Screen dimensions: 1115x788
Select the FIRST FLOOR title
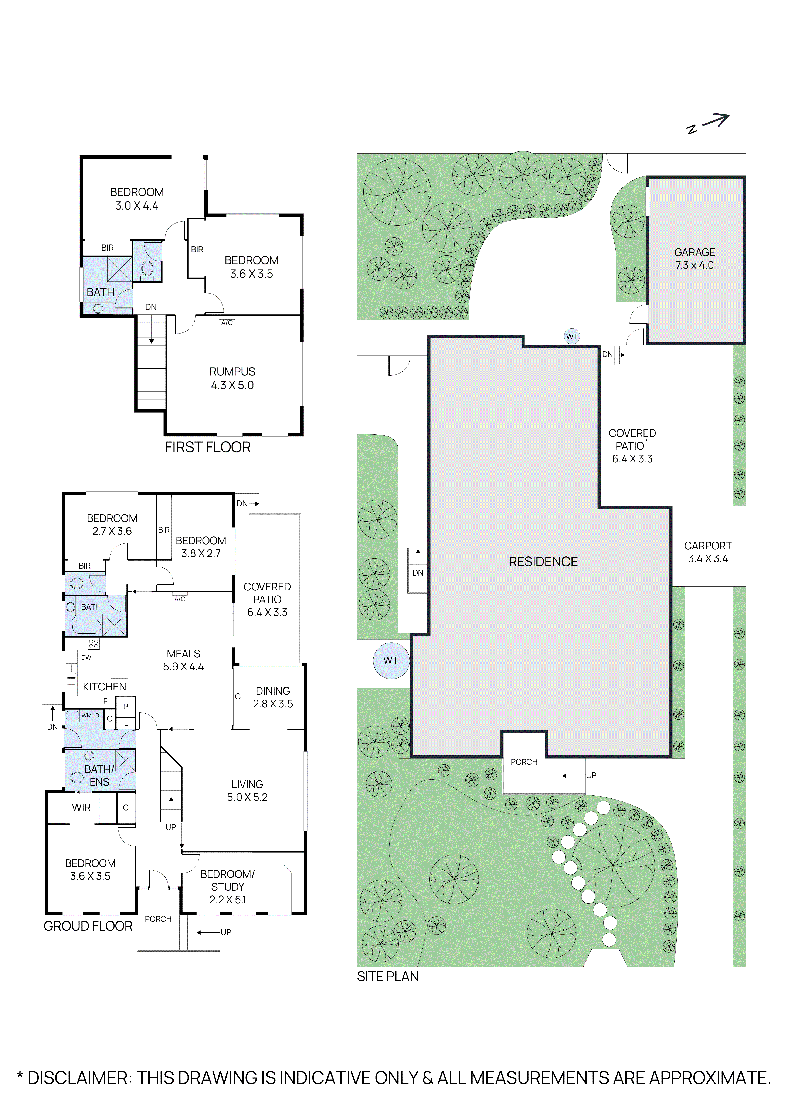point(208,447)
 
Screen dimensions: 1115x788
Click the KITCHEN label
point(104,687)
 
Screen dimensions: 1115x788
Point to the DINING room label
point(273,691)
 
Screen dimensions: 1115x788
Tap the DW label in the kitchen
point(86,657)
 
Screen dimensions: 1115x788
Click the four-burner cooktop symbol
point(94,644)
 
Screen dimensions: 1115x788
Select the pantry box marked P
point(126,707)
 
